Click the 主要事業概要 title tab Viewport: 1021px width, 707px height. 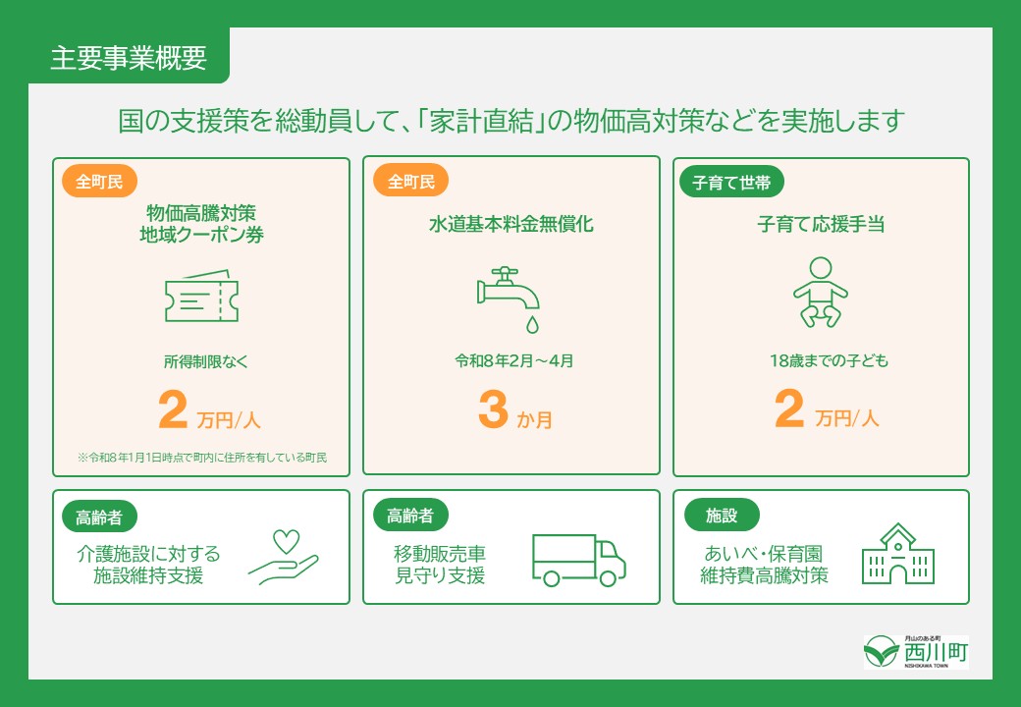click(x=129, y=58)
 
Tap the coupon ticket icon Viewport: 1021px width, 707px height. click(x=201, y=296)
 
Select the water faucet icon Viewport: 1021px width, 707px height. click(x=509, y=287)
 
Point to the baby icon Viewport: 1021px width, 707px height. click(x=820, y=292)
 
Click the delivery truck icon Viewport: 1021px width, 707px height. click(x=578, y=560)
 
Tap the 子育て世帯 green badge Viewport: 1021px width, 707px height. click(x=731, y=182)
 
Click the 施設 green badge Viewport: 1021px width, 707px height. click(x=721, y=514)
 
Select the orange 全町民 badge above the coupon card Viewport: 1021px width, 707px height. click(x=99, y=182)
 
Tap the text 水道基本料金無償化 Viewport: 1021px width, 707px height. click(x=510, y=225)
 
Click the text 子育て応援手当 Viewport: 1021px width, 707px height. click(x=821, y=225)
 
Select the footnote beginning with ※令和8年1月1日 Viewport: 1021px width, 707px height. click(x=201, y=458)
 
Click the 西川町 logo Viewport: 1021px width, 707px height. click(x=916, y=651)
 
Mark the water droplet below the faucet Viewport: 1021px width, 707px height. click(x=531, y=322)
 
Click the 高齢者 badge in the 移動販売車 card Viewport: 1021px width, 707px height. click(x=411, y=514)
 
